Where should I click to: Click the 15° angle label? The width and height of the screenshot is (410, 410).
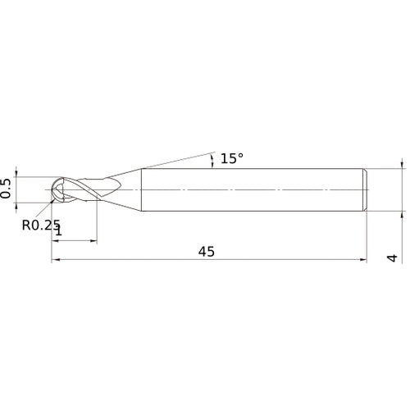[x=232, y=159]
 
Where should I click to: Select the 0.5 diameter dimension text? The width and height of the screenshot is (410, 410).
[x=7, y=189]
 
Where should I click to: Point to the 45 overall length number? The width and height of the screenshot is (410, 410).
[x=206, y=253]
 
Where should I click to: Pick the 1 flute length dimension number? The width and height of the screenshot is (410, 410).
[x=57, y=233]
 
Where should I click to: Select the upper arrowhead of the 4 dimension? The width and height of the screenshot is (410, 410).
[x=403, y=164]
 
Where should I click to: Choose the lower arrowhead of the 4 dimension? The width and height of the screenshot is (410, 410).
[x=403, y=214]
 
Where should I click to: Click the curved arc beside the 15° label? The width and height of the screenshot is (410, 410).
[x=215, y=160]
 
